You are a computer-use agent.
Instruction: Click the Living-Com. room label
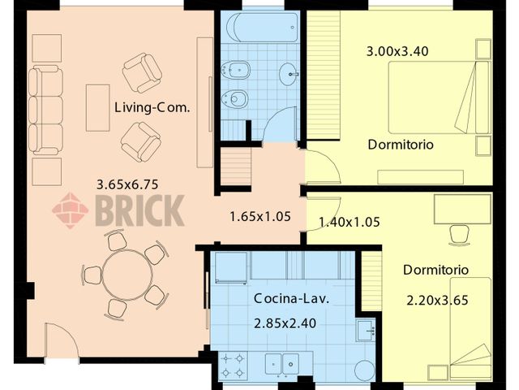[152, 107]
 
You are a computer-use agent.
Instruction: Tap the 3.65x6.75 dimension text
[129, 184]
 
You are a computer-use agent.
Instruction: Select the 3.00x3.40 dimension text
[397, 51]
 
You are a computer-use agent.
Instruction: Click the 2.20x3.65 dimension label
[438, 300]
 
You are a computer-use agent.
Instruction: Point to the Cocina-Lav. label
[284, 298]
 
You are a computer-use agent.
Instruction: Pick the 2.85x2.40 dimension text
[284, 323]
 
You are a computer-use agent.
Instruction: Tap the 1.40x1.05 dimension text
[350, 221]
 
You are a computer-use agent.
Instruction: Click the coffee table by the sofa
[97, 107]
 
